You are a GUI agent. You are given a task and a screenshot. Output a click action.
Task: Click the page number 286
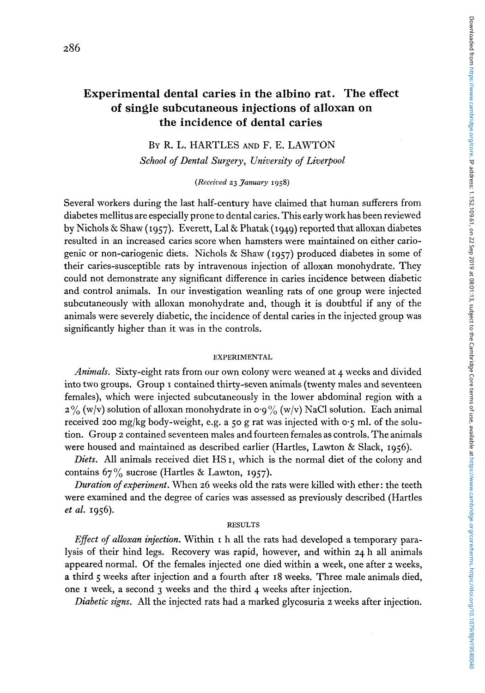(x=73, y=48)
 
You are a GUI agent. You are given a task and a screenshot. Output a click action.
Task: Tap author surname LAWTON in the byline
(x=311, y=145)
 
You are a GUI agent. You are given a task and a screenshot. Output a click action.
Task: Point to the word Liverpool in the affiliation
(x=325, y=160)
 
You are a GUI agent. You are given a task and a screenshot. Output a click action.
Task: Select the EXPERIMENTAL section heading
(x=242, y=357)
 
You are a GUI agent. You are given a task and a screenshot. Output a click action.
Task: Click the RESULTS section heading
(x=243, y=524)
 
